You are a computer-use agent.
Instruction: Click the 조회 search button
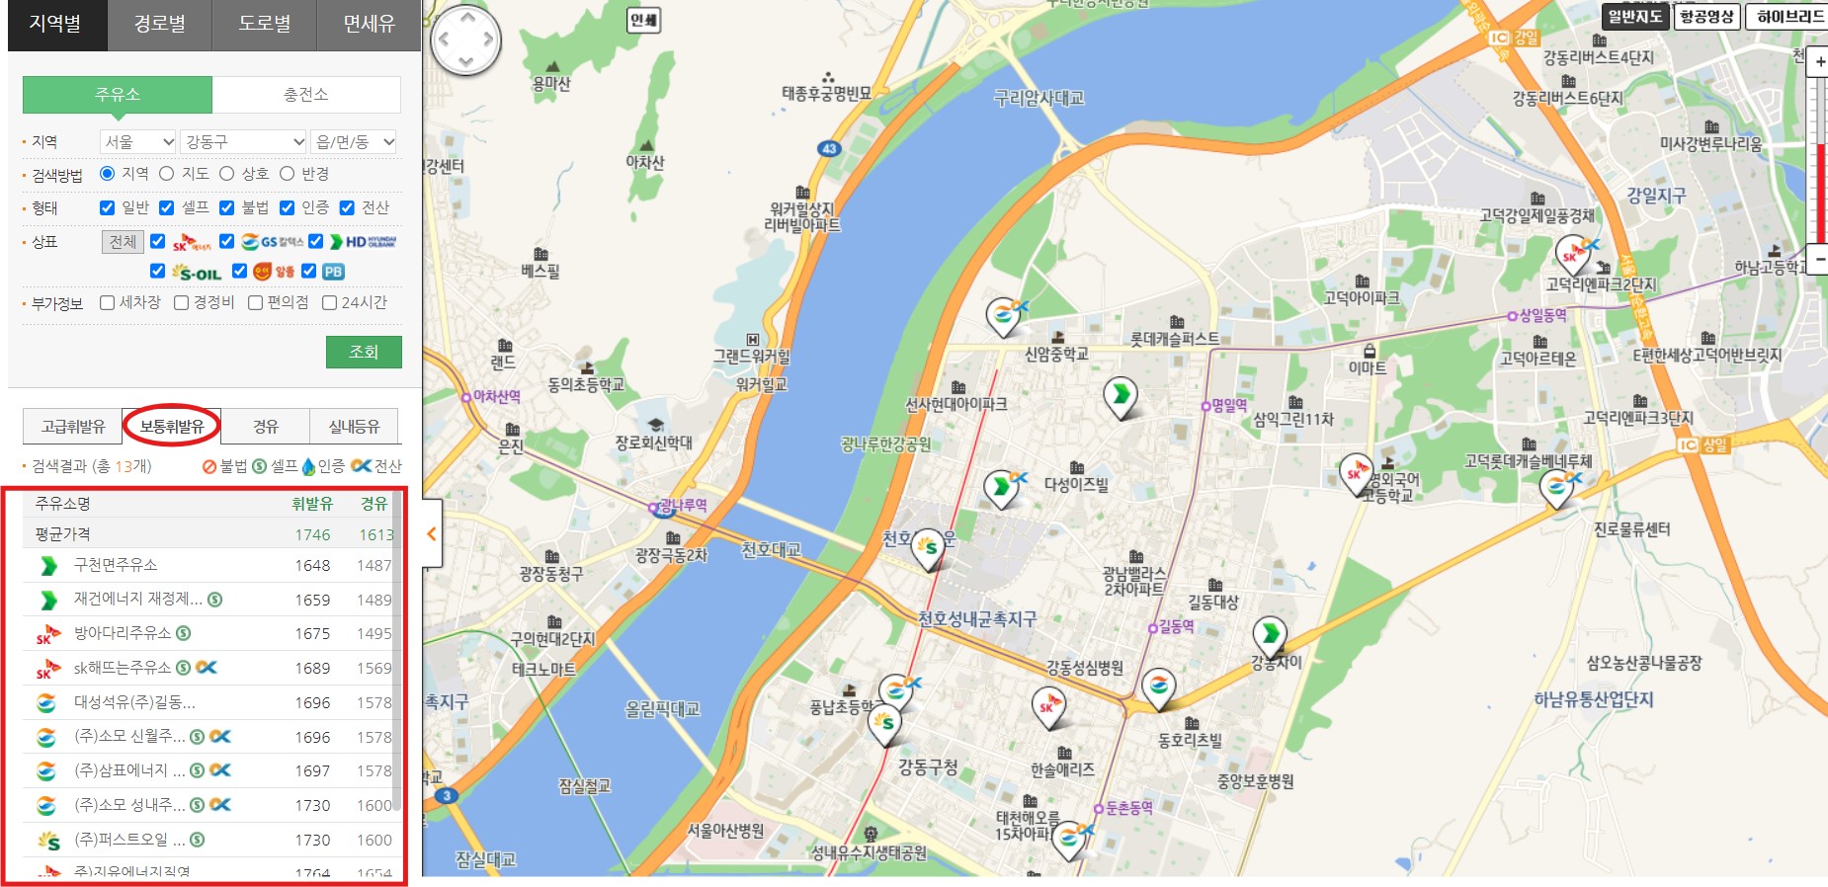[x=364, y=352]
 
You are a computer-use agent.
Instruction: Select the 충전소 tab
[x=306, y=95]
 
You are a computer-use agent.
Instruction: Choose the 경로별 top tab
[x=160, y=24]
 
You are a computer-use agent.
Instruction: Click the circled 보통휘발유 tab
[x=172, y=426]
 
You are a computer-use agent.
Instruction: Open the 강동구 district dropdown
[x=244, y=142]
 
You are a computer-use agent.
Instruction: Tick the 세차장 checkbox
[x=108, y=303]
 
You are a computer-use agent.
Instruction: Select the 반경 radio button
[x=288, y=174]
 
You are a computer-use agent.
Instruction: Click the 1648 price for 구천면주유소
[x=312, y=566]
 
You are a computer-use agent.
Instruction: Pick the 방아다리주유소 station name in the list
[x=123, y=633]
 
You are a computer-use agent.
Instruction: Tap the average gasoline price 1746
[x=312, y=534]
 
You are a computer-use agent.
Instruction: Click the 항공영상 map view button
[x=1706, y=16]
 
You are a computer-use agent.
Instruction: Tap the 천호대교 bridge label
[x=771, y=549]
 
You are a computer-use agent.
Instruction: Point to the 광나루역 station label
[x=683, y=505]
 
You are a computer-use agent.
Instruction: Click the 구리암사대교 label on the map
[x=1039, y=98]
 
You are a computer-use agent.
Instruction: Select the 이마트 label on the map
[x=1368, y=367]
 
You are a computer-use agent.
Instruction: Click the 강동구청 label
[x=927, y=766]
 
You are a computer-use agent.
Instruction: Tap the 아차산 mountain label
[x=645, y=162]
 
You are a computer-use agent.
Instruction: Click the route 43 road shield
[x=829, y=148]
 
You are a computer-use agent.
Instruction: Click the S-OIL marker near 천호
[x=927, y=547]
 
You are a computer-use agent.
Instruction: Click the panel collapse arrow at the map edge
[x=432, y=534]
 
